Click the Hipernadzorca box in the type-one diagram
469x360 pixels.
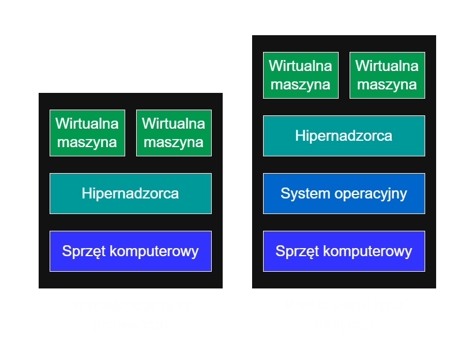coord(130,193)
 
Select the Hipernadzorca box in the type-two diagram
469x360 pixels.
coord(344,136)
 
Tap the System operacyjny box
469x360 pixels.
coord(344,193)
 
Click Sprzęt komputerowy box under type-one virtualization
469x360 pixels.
coord(130,251)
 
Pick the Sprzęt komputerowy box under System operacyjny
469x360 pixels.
coord(344,251)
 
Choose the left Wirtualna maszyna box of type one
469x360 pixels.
coord(87,133)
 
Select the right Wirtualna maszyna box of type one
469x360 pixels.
coord(174,133)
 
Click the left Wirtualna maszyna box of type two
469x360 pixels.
coord(301,75)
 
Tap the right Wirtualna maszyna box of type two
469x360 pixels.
coord(387,75)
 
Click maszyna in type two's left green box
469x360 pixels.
coord(301,85)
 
